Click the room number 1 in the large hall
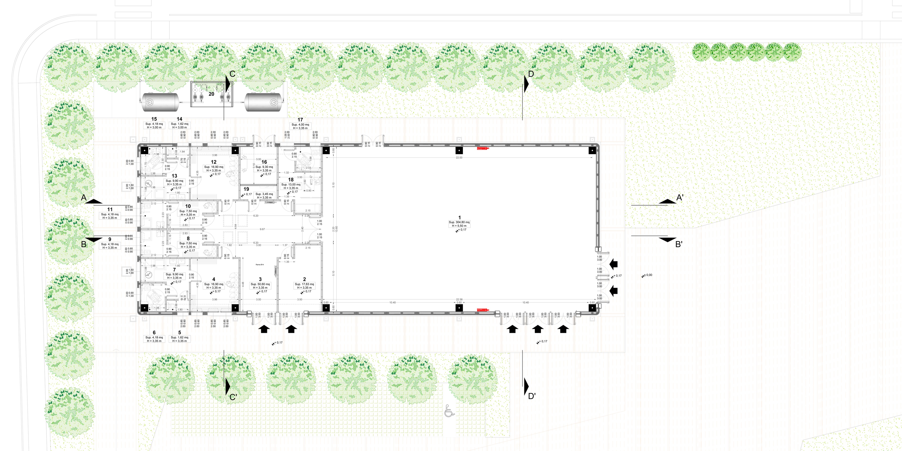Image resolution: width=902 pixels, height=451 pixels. [459, 217]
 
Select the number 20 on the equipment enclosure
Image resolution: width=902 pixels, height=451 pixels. [211, 94]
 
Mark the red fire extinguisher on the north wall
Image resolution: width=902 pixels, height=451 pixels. [483, 148]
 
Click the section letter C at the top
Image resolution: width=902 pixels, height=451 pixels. [232, 74]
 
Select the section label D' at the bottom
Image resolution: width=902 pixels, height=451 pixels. [532, 396]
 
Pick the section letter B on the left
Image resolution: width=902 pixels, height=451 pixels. [84, 244]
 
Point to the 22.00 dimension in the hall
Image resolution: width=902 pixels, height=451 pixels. [459, 158]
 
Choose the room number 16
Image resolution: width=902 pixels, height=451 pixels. [264, 162]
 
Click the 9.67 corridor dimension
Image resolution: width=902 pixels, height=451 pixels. [262, 229]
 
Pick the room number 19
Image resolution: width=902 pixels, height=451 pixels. [246, 189]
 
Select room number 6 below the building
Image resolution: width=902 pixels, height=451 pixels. [154, 333]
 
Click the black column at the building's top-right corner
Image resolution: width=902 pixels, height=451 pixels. [592, 151]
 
